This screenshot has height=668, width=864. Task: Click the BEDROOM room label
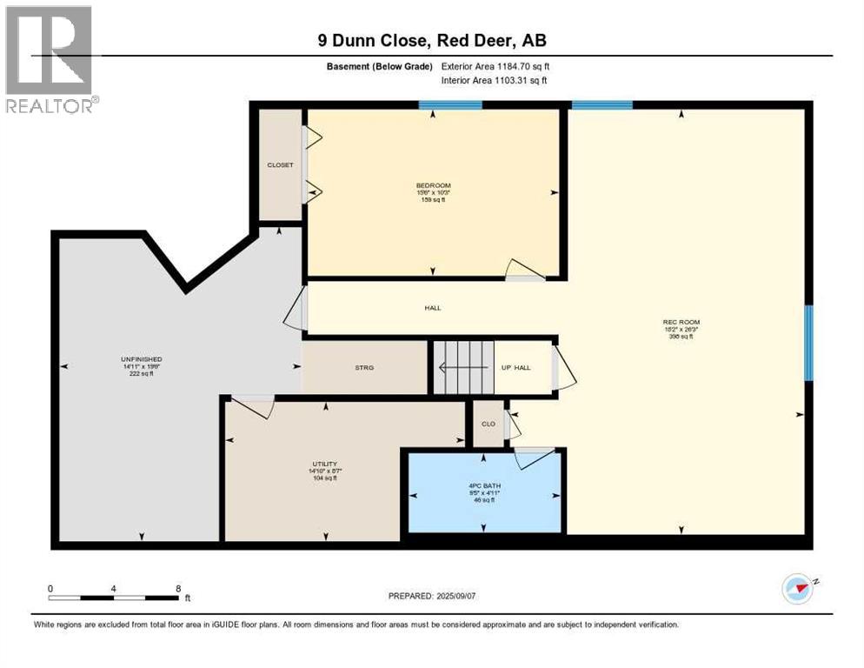(433, 185)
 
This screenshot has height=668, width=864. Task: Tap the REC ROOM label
(681, 323)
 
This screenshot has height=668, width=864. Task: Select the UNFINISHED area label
(142, 359)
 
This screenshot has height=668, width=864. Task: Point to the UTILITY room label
(325, 464)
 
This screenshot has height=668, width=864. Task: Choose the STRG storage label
(364, 368)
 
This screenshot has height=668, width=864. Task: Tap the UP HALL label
(516, 368)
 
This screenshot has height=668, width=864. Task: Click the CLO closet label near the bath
(488, 424)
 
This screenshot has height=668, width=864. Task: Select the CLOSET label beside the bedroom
(280, 165)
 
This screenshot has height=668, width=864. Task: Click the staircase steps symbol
(463, 368)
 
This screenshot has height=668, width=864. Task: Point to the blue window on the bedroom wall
(450, 105)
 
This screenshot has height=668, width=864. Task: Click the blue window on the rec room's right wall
(808, 343)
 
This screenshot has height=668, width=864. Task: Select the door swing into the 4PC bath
(533, 457)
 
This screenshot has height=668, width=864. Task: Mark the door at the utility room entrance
(251, 406)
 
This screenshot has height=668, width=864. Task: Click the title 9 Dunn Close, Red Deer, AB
(431, 40)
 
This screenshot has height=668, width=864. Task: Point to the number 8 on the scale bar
(178, 588)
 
